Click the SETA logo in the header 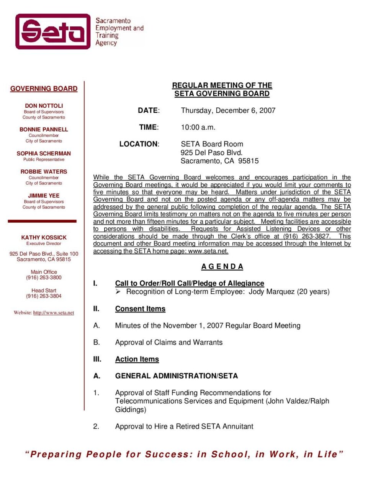53,31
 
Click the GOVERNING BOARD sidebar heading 44,89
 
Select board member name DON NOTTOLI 44,105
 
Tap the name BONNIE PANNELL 44,129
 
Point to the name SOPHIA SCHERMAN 44,153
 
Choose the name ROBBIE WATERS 44,172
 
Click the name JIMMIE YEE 44,195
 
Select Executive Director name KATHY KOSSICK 44,238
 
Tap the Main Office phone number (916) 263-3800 44,278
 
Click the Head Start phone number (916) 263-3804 44,296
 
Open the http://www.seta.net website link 54,313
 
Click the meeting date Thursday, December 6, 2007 228,110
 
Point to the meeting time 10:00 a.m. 198,127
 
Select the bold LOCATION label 139,144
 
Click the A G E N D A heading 222,266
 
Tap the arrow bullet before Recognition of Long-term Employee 118,292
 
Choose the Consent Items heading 140,309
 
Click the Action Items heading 137,359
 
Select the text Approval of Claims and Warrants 169,342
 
